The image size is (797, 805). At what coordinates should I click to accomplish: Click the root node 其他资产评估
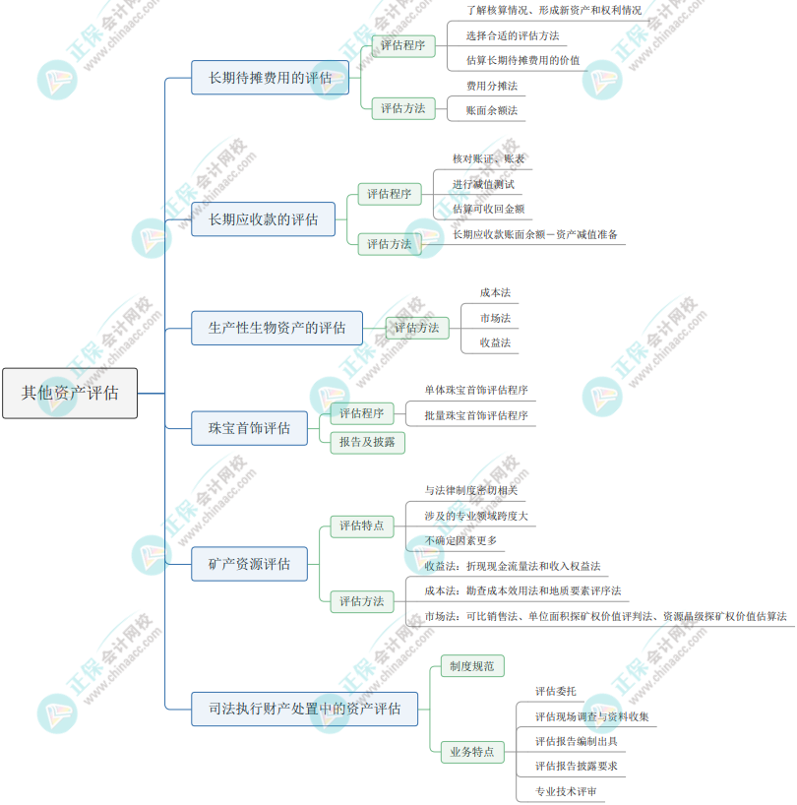point(70,393)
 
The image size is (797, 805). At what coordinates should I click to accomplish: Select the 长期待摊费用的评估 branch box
point(270,77)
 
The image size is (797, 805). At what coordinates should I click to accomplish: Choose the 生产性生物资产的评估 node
point(276,328)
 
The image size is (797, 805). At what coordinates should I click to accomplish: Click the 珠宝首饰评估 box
point(249,428)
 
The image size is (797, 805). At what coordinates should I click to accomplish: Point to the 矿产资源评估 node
point(249,564)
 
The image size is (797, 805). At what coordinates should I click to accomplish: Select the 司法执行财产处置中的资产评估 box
point(304,709)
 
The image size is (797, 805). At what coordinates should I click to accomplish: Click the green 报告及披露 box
point(367,442)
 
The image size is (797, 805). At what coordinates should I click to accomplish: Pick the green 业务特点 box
point(471,752)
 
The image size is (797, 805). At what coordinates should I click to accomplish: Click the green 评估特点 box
point(361,526)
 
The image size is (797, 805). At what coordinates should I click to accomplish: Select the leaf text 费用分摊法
point(491,87)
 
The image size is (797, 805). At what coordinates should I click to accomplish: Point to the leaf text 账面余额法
point(491,111)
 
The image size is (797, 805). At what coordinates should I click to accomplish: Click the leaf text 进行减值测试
point(483,184)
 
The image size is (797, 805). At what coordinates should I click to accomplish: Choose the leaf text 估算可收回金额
point(488,209)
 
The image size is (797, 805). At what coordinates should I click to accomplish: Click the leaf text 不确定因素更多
point(460,541)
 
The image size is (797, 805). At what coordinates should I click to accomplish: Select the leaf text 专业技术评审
point(565,791)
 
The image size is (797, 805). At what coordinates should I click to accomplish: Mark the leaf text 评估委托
point(556,691)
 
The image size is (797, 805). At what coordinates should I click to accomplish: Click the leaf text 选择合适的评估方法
point(513,35)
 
